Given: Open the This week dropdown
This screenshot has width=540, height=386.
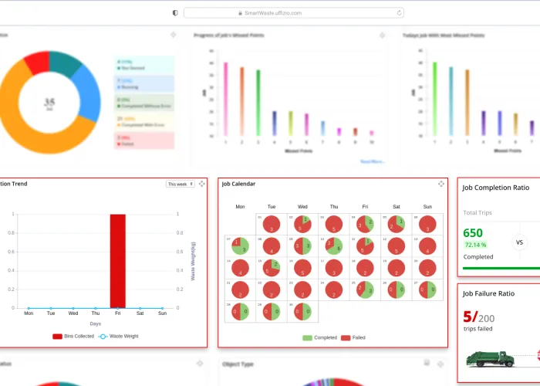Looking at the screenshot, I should [181, 184].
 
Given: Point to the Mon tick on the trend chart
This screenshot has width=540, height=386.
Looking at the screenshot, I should [29, 313].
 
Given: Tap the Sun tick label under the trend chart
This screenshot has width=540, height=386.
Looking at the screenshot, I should [162, 313].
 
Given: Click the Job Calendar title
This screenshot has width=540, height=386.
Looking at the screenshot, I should [238, 184].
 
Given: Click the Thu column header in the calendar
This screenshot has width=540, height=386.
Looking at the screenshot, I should [333, 207].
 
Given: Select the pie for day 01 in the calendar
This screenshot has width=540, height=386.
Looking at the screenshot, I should [272, 225].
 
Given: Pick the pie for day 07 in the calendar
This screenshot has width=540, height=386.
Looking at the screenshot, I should [240, 246].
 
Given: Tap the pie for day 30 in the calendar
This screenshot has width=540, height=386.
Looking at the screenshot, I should [302, 312].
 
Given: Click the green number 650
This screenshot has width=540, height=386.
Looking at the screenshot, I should [473, 233].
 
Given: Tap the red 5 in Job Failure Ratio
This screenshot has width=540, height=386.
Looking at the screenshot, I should [468, 317].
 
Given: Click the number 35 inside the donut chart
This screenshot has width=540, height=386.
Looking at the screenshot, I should [49, 101].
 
